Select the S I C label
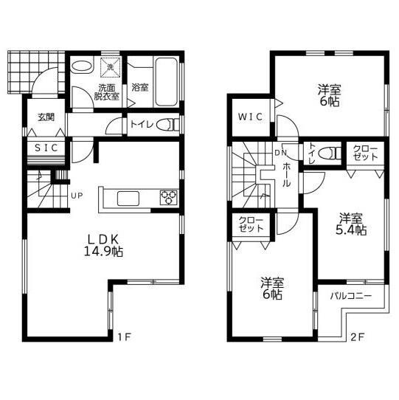[x=46, y=148]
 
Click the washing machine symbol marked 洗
[x=110, y=67]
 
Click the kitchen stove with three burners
[x=169, y=197]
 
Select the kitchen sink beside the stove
[x=128, y=197]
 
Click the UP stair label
[x=77, y=196]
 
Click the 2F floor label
[x=358, y=338]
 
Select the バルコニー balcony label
[x=350, y=296]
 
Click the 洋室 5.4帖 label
[x=351, y=223]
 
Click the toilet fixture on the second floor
[x=331, y=154]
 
